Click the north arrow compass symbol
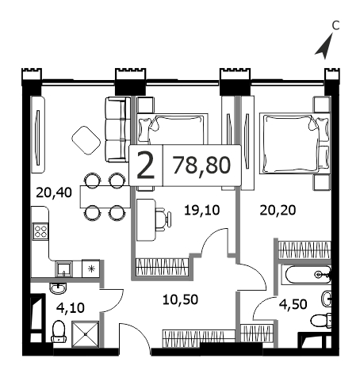[x=325, y=47]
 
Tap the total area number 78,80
[x=201, y=166]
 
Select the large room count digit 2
[x=146, y=166]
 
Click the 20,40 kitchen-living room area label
[x=54, y=192]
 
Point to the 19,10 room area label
[x=201, y=211]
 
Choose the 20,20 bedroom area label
[x=278, y=211]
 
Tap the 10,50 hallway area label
[x=180, y=300]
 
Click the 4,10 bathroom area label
[x=71, y=308]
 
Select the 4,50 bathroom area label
[x=293, y=304]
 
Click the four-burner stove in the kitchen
[x=40, y=231]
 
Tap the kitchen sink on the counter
[x=63, y=269]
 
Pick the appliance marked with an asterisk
[x=91, y=269]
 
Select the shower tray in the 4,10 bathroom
[x=86, y=334]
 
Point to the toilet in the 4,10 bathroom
[x=59, y=332]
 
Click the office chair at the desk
[x=163, y=219]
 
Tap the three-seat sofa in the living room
[x=118, y=129]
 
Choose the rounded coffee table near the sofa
[x=86, y=140]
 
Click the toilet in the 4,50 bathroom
[x=321, y=321]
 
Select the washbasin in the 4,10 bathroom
[x=58, y=288]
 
